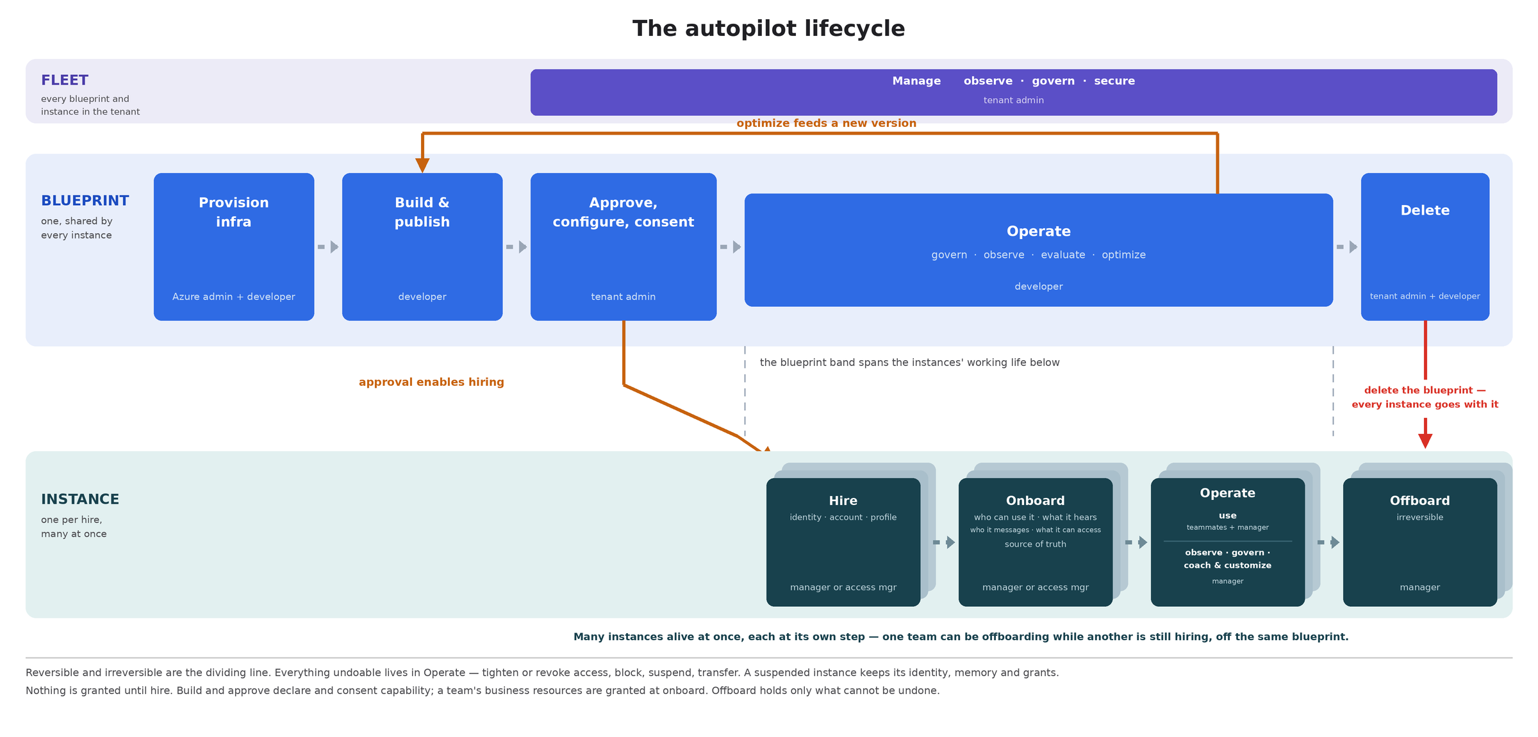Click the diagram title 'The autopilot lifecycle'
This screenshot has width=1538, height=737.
click(768, 29)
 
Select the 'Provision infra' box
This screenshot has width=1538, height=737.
click(234, 247)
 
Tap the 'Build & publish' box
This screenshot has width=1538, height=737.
click(422, 247)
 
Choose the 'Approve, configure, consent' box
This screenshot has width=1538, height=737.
click(624, 247)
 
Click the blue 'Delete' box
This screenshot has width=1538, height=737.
click(1425, 247)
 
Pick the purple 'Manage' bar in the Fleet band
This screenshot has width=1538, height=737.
click(1014, 92)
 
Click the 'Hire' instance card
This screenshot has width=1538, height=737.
click(843, 542)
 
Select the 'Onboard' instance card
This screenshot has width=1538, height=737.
click(1036, 542)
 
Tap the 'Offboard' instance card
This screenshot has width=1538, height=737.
click(1420, 542)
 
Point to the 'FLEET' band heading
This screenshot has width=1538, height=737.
click(65, 80)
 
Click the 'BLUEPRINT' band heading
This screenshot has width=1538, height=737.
click(85, 201)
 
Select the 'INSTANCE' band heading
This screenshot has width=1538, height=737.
click(80, 499)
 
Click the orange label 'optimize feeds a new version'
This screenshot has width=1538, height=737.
click(827, 123)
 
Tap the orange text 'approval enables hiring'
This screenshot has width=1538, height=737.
click(431, 382)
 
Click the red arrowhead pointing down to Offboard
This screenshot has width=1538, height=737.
click(1425, 441)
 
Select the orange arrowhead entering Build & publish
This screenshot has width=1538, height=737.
click(422, 165)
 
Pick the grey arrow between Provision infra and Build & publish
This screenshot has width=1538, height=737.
click(328, 247)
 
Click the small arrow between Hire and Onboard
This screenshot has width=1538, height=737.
click(944, 542)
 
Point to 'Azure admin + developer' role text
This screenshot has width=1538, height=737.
click(234, 297)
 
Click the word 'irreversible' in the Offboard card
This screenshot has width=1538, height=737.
click(1420, 517)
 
